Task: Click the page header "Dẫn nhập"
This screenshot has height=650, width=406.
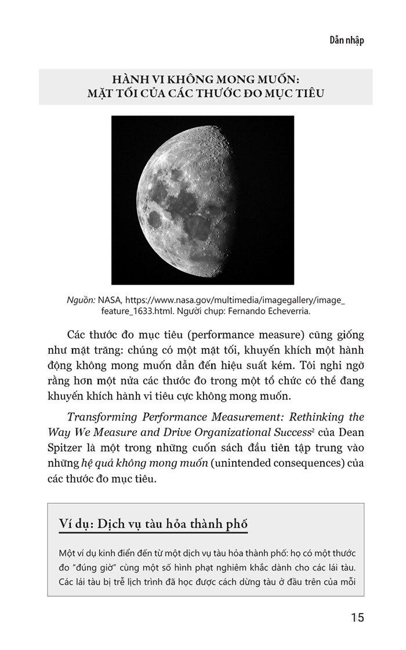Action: [346, 40]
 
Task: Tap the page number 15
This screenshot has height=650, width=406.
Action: [357, 618]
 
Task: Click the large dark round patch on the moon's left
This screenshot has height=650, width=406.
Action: [155, 219]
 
